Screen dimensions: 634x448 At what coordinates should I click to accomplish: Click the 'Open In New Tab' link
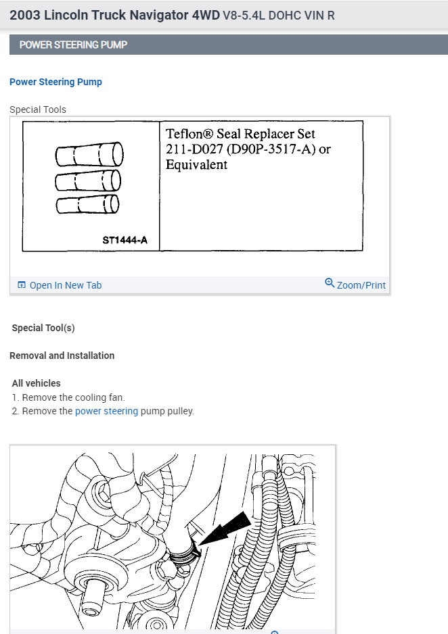[x=65, y=285]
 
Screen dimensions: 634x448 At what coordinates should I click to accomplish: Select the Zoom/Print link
[x=361, y=285]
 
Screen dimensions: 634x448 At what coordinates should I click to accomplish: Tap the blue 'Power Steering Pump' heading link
[x=55, y=82]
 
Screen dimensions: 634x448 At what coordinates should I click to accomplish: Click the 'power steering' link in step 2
[x=106, y=411]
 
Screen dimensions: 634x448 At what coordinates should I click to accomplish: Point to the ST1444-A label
[x=125, y=240]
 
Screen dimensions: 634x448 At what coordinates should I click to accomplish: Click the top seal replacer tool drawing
[x=89, y=155]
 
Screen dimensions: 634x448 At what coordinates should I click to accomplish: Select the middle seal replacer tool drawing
[x=88, y=180]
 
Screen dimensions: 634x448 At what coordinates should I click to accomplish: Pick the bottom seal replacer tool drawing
[x=87, y=205]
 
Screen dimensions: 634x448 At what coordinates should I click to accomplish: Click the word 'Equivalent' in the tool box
[x=197, y=164]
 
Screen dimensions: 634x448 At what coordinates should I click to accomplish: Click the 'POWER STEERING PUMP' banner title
[x=73, y=45]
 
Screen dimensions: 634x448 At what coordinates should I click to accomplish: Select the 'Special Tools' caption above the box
[x=38, y=109]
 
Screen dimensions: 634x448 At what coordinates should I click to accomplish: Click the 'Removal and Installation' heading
[x=62, y=356]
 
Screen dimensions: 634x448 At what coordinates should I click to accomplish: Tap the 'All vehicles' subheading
[x=36, y=383]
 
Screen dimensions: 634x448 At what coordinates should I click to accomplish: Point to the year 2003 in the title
[x=24, y=14]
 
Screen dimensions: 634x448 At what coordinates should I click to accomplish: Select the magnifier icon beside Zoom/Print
[x=330, y=283]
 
